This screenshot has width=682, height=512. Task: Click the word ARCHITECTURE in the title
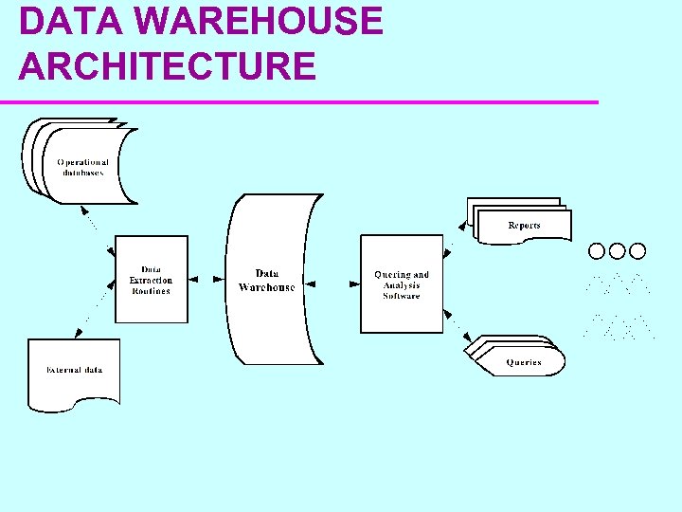(167, 66)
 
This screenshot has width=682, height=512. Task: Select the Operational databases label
(83, 167)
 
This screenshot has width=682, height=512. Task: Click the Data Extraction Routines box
(152, 280)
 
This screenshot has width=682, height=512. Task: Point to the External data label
(74, 370)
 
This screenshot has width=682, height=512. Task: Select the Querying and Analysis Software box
(402, 284)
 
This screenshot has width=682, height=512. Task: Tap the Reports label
(524, 226)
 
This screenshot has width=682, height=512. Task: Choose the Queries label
(524, 362)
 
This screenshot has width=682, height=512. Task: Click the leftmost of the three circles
(597, 251)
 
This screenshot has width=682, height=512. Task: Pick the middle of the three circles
(617, 251)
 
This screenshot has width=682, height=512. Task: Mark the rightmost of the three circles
(637, 251)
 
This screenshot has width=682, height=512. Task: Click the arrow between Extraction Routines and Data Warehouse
(206, 281)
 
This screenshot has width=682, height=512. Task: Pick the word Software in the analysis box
(402, 296)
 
